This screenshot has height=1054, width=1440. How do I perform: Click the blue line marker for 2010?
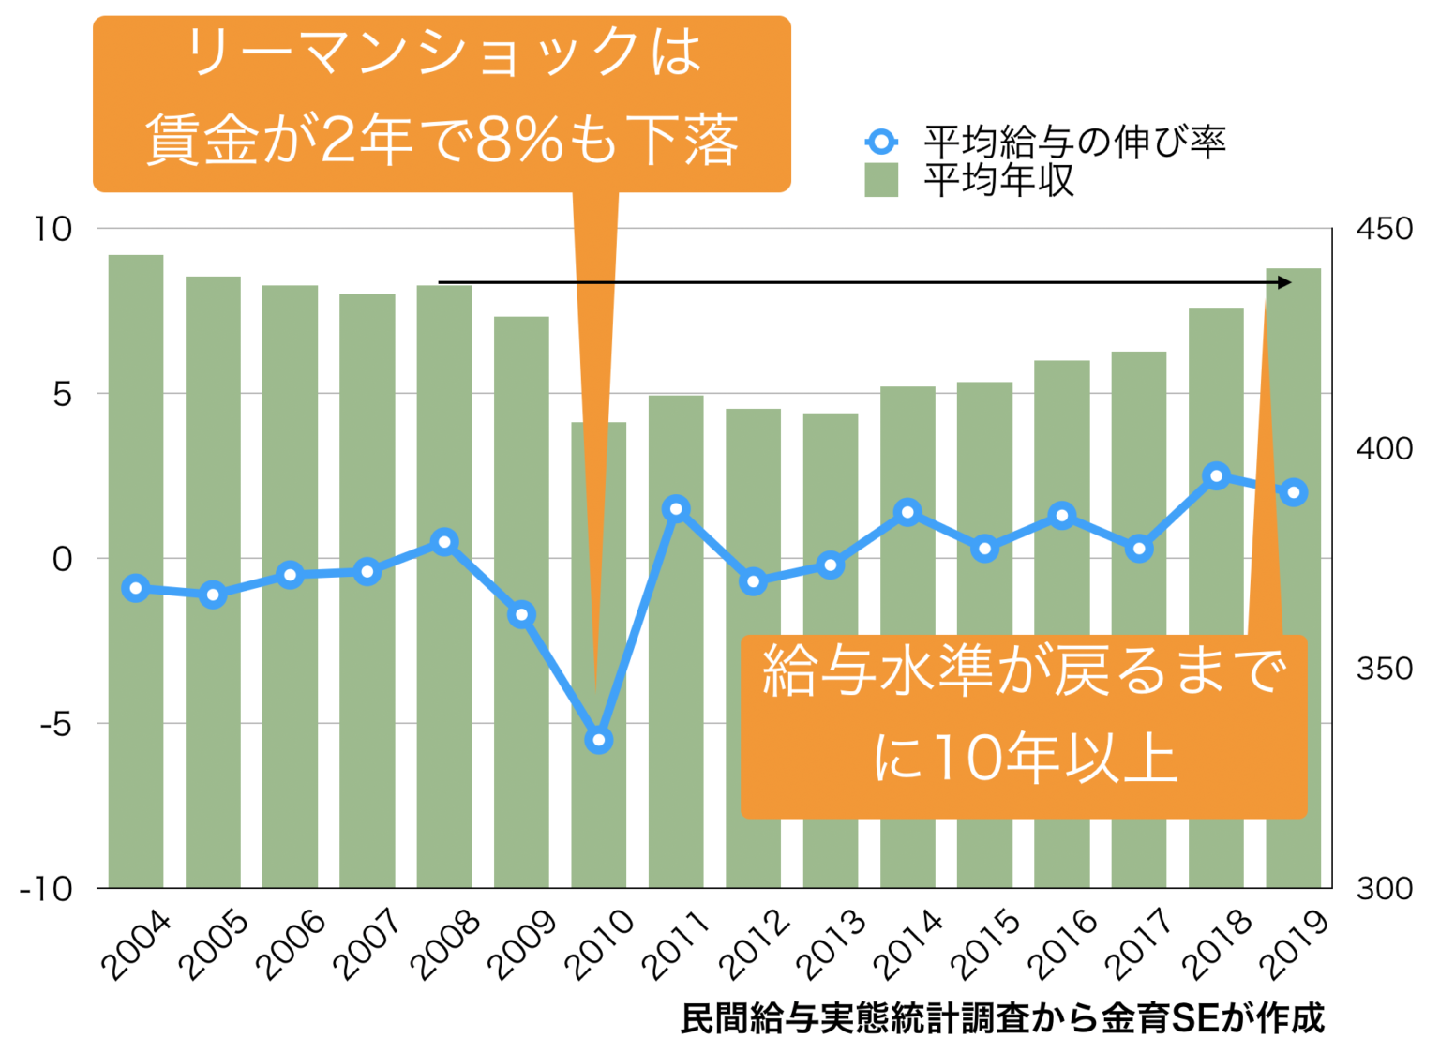point(599,741)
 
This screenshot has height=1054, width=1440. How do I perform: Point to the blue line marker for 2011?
point(676,509)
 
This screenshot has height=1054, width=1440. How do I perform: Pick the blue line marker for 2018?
point(1217,476)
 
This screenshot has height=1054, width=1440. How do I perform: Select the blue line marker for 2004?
point(136,588)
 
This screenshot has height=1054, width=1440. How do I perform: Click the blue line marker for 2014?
point(907,512)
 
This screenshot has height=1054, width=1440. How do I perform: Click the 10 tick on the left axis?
point(53,229)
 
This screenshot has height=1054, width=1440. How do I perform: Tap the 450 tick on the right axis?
point(1384,229)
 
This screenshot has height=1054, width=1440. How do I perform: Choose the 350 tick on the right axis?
point(1384,669)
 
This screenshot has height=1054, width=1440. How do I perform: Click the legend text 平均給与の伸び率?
point(1074,142)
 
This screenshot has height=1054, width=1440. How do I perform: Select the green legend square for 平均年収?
point(881,180)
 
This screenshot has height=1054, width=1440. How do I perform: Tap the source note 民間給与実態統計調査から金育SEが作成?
point(1002,1018)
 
